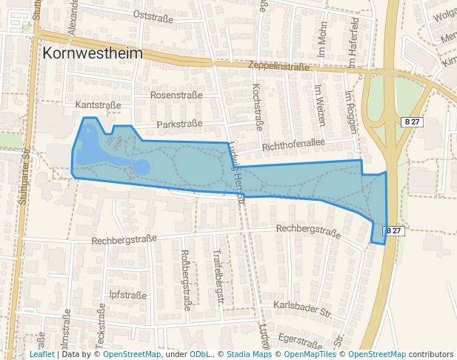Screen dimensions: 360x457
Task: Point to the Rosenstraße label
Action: coord(176,96)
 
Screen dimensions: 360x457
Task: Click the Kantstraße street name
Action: coord(98,105)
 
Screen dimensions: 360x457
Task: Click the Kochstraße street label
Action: coord(258,106)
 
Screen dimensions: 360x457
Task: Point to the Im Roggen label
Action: coord(350,110)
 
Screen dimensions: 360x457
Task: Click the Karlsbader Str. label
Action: coord(301,307)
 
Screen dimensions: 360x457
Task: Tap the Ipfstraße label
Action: coord(127,295)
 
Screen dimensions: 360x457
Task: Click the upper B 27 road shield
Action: coord(413,121)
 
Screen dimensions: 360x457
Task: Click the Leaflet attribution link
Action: coord(41,355)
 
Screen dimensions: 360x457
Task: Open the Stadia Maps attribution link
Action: coord(249,355)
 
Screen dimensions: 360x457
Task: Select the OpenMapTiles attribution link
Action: coord(315,355)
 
